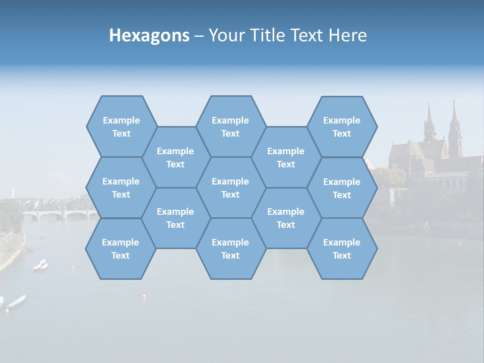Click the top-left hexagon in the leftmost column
(121, 127)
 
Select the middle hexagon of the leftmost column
(121, 188)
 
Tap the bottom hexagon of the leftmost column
(120, 249)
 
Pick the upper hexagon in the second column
(175, 157)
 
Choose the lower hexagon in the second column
(175, 218)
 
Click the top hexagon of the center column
(230, 127)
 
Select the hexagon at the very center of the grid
(230, 188)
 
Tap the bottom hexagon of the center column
(230, 249)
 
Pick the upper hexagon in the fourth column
(286, 157)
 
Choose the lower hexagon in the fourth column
(286, 218)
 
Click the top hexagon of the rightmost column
(342, 127)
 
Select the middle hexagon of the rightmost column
(342, 188)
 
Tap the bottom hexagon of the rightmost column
(342, 249)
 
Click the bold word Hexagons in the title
(149, 35)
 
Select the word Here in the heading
(347, 35)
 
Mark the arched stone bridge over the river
(60, 214)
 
